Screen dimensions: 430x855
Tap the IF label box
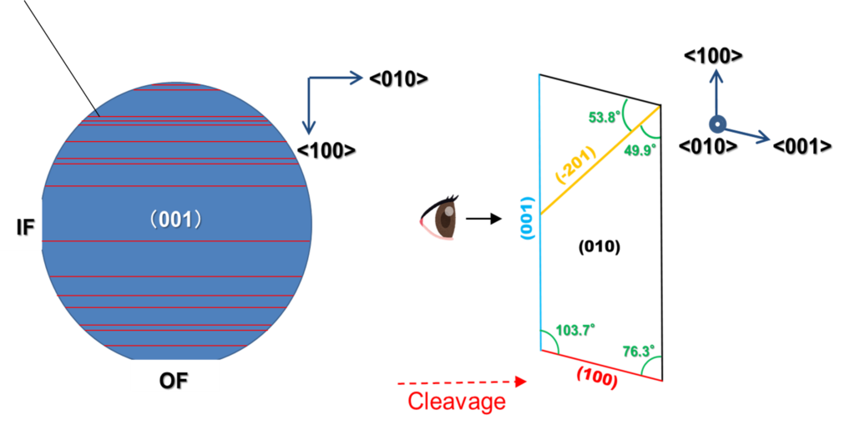click(x=23, y=225)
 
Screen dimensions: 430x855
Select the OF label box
click(x=174, y=380)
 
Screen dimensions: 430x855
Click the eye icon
click(x=440, y=219)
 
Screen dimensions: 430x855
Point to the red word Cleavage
click(x=456, y=401)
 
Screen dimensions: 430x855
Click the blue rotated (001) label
click(x=527, y=219)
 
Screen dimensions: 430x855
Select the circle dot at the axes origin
click(x=716, y=124)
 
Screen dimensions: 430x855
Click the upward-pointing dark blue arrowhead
click(x=716, y=76)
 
